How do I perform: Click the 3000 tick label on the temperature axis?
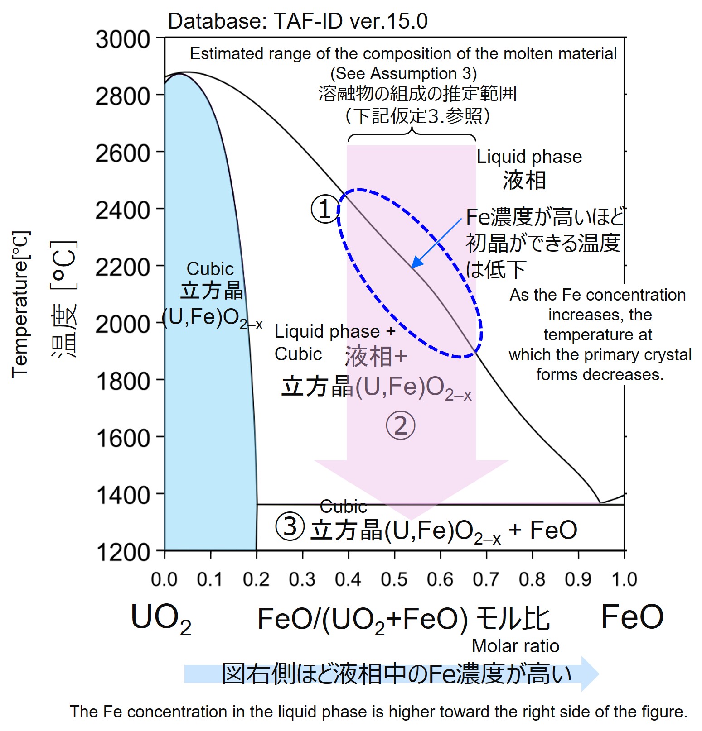[122, 39]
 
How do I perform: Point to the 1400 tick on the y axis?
[123, 495]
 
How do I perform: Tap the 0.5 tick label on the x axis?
[394, 579]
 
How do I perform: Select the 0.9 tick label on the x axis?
[578, 579]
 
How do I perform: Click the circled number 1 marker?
[325, 210]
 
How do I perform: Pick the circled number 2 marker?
[400, 426]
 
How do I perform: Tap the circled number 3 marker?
[290, 527]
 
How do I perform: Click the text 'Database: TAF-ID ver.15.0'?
[297, 21]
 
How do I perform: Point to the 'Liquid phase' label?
[529, 157]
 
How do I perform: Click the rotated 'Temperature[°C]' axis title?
[20, 304]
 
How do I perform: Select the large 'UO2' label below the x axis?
[161, 619]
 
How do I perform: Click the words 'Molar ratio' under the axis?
[515, 646]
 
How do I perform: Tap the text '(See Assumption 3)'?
[403, 73]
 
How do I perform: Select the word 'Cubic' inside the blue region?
[210, 269]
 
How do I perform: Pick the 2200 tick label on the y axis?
[123, 267]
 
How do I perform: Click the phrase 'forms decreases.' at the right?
[600, 374]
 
